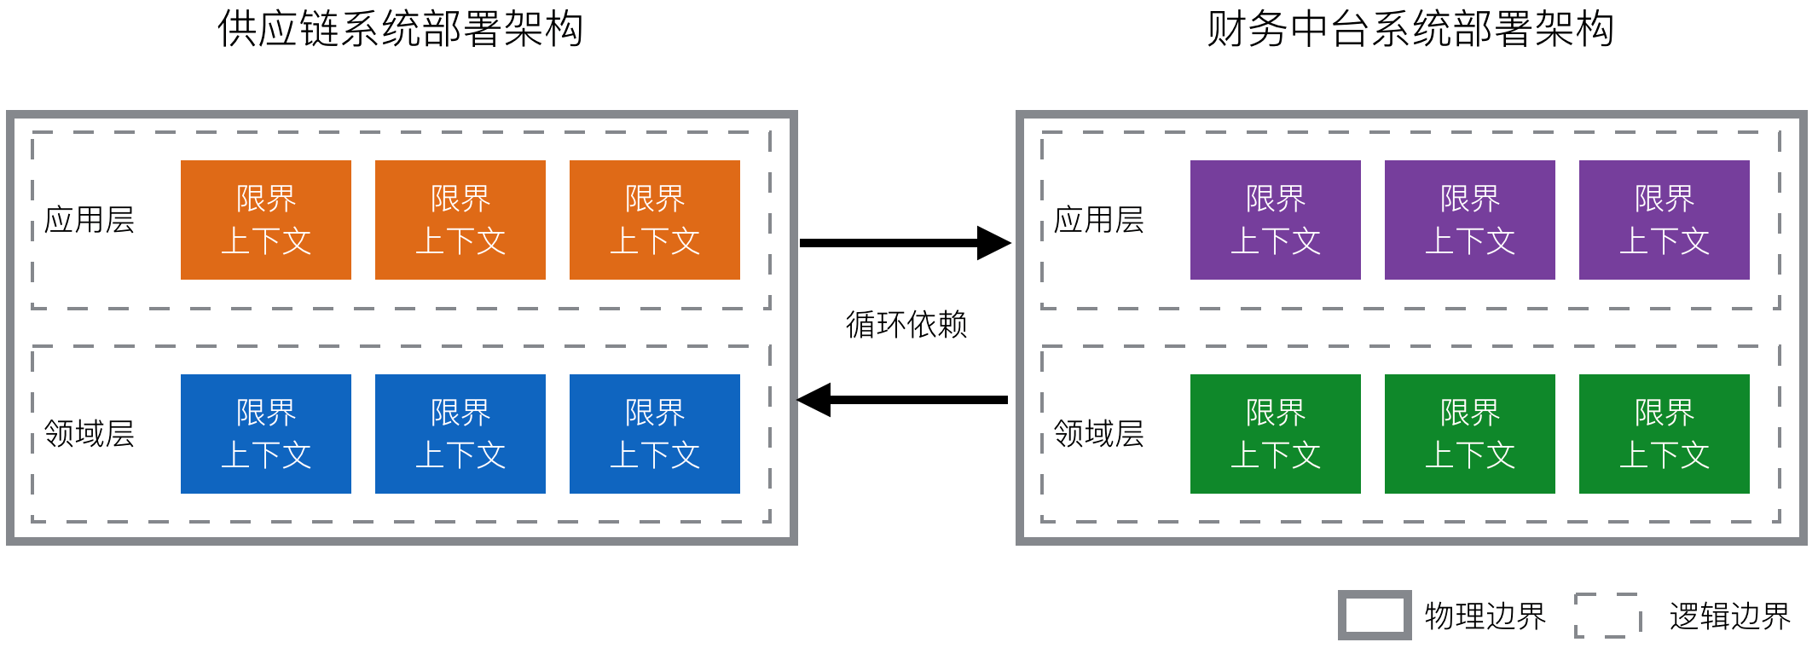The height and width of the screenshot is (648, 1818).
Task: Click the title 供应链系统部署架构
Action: (x=400, y=29)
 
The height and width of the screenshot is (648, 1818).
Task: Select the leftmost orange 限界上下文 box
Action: (x=266, y=220)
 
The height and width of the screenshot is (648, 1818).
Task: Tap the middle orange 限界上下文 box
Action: (x=460, y=220)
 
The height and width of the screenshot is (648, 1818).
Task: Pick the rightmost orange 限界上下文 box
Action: (x=655, y=220)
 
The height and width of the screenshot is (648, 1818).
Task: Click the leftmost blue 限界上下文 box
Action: (x=266, y=434)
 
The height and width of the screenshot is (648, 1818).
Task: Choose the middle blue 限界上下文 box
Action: (x=460, y=434)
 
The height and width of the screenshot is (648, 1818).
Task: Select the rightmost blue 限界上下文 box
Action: (x=655, y=434)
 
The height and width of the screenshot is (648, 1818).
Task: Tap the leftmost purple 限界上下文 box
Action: (x=1276, y=220)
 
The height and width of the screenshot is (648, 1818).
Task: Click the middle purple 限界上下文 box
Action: (x=1470, y=220)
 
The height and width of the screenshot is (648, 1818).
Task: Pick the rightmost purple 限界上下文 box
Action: (x=1665, y=220)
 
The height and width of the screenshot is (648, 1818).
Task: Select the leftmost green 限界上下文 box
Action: (x=1276, y=434)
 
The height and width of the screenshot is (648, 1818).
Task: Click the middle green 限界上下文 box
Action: (x=1470, y=434)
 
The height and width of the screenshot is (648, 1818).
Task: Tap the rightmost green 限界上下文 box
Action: (x=1665, y=434)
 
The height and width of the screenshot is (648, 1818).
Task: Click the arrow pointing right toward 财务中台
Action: (x=904, y=243)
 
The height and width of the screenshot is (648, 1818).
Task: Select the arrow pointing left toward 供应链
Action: (x=904, y=399)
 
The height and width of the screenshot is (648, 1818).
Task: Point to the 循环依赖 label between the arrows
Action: (x=906, y=325)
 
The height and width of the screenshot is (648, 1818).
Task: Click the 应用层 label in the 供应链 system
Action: (x=90, y=220)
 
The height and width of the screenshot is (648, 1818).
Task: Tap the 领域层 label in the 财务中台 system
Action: (x=1099, y=434)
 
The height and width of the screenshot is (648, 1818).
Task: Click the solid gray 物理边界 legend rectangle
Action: (x=1375, y=616)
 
